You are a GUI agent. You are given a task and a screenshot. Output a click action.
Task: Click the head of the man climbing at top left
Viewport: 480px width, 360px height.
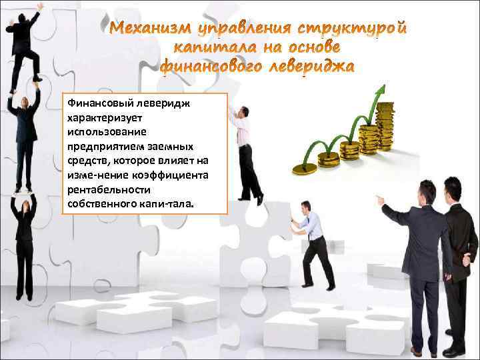pos(32,19)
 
